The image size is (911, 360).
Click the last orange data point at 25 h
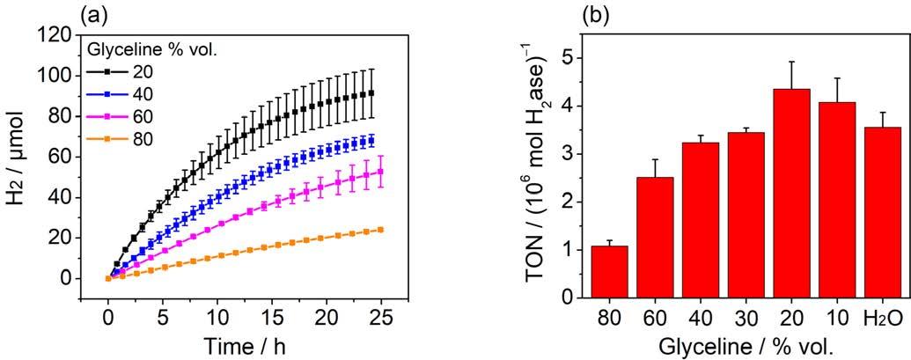pyautogui.click(x=380, y=230)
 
